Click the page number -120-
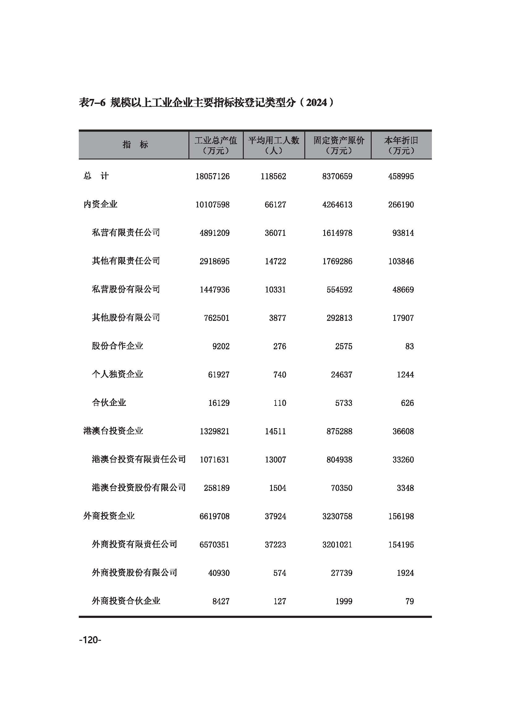90,640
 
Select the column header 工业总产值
216,140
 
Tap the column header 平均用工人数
273,140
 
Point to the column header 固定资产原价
339,140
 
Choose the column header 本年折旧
401,140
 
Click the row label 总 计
96,176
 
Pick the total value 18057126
212,176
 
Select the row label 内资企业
100,204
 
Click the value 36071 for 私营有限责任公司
275,233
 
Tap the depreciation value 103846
401,262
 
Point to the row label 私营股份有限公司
126,289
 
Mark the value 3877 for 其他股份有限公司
277,318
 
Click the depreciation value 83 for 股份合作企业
409,347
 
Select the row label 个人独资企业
117,374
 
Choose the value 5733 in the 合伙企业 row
344,403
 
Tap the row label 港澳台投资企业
113,431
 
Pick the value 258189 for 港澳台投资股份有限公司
217,488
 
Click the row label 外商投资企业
109,516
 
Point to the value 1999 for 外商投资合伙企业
344,602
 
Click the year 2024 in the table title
317,103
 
